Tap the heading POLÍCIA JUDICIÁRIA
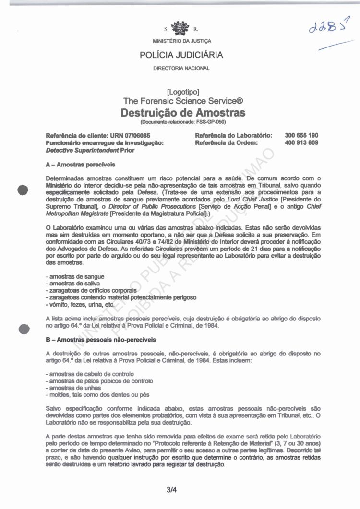point(181,55)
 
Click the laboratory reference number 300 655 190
point(301,136)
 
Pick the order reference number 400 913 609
point(301,142)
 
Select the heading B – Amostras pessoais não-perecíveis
point(100,340)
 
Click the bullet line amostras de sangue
point(75,277)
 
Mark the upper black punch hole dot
point(22,189)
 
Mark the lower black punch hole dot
point(22,329)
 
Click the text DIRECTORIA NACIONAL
point(181,68)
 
